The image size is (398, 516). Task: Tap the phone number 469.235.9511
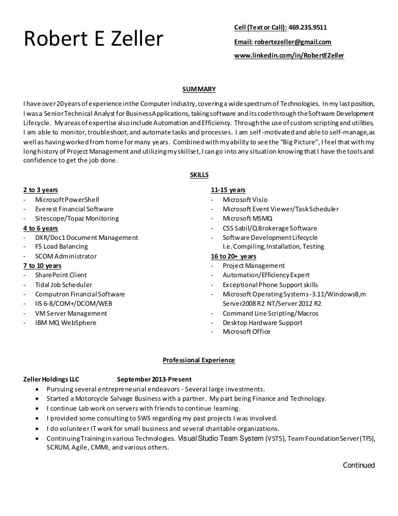pos(308,27)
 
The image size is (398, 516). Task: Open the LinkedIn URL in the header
pos(289,55)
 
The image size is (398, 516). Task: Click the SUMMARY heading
pos(200,89)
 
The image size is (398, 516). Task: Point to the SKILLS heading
pos(200,175)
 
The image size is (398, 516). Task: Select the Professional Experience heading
pos(199,360)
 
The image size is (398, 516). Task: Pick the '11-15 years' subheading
pos(228,190)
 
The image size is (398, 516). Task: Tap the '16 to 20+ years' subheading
pos(233,256)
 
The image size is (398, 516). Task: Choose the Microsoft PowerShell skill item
pos(67,199)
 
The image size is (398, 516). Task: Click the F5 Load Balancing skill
pos(62,247)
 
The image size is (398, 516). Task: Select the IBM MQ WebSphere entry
pos(66,323)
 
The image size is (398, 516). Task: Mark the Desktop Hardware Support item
pos(263,323)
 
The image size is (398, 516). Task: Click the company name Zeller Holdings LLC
pos(52,379)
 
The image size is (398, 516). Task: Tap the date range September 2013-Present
pos(154,379)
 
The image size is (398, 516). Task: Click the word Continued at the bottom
pos(359,466)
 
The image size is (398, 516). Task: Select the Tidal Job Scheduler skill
pos(64,284)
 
